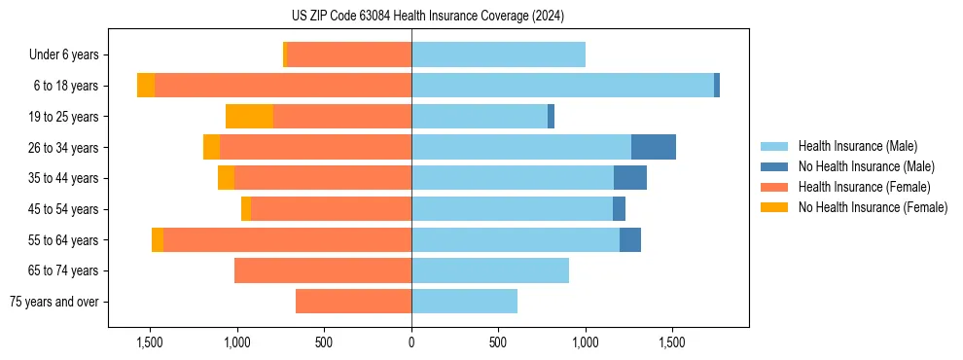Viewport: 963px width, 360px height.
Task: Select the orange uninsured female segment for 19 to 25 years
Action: coord(249,117)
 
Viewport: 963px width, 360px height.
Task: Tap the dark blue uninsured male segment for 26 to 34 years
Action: coord(653,147)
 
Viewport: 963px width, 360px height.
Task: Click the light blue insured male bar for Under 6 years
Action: coord(498,54)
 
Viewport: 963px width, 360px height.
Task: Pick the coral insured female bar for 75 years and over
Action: coord(353,302)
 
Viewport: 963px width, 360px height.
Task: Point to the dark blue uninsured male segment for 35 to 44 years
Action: coord(630,178)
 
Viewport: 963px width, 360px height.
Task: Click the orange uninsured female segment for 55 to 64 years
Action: coord(158,240)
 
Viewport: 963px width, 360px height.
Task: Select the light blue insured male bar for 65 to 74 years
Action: coord(490,270)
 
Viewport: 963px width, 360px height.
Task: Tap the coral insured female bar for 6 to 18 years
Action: coord(283,86)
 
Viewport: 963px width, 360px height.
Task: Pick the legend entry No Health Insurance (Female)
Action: coord(873,207)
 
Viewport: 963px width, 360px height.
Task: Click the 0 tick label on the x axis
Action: coord(411,342)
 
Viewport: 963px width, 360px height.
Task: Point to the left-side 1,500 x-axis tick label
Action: coord(150,342)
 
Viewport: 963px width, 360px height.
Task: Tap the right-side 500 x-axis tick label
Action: coord(498,342)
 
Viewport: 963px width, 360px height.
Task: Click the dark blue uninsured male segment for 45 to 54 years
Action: coord(619,209)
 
